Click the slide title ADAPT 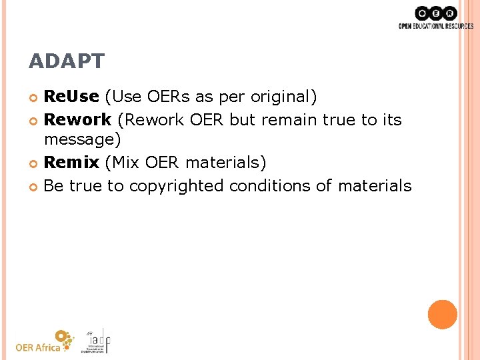(67, 61)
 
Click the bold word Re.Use (71, 97)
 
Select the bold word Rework (77, 119)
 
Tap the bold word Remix (71, 162)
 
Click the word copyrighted (177, 186)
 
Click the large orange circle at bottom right (443, 314)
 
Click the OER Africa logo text (38, 347)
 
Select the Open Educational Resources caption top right (435, 26)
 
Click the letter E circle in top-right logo (436, 13)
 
